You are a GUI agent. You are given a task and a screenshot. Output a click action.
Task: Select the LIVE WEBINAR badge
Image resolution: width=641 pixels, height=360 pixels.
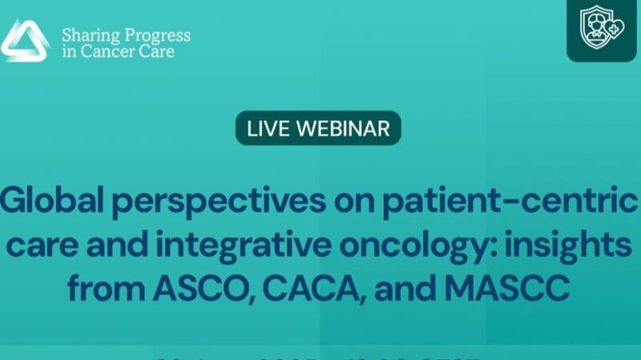[318, 128]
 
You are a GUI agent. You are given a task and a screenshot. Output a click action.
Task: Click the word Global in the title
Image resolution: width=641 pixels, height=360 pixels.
[52, 204]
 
